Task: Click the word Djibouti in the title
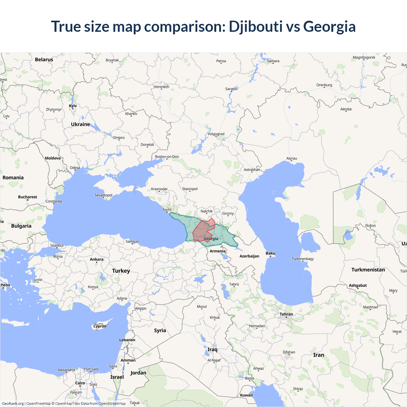click(x=255, y=27)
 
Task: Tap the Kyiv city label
click(x=73, y=106)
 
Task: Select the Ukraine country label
click(x=80, y=124)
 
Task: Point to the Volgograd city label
click(x=216, y=134)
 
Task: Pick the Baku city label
click(x=270, y=253)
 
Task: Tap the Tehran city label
click(x=286, y=314)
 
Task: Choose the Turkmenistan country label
click(x=368, y=270)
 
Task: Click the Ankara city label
click(x=97, y=259)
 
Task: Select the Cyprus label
click(x=100, y=326)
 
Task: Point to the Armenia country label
click(x=217, y=251)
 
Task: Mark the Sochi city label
click(x=167, y=210)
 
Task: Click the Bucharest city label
click(x=28, y=197)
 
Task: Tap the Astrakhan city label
click(x=252, y=169)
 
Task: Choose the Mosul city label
click(x=202, y=307)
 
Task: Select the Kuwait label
click(x=246, y=395)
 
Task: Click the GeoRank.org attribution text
click(x=13, y=404)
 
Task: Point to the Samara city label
click(x=273, y=61)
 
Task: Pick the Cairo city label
click(x=80, y=383)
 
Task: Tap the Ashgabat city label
click(x=358, y=286)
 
